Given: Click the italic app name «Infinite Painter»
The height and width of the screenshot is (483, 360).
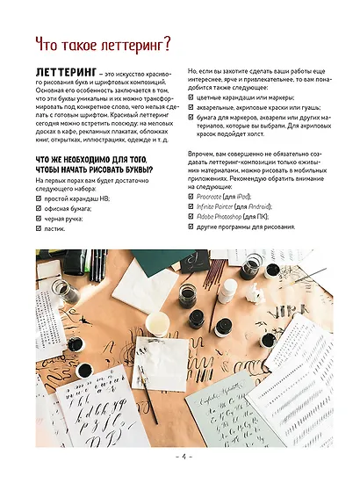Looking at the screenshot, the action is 224,207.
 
